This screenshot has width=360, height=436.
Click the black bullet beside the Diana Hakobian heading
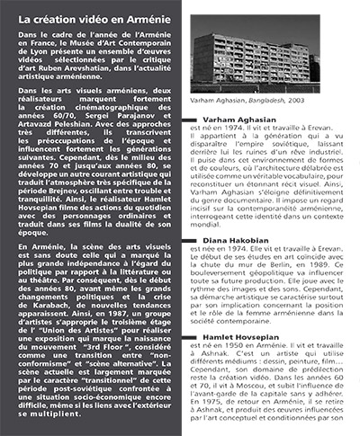197,242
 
